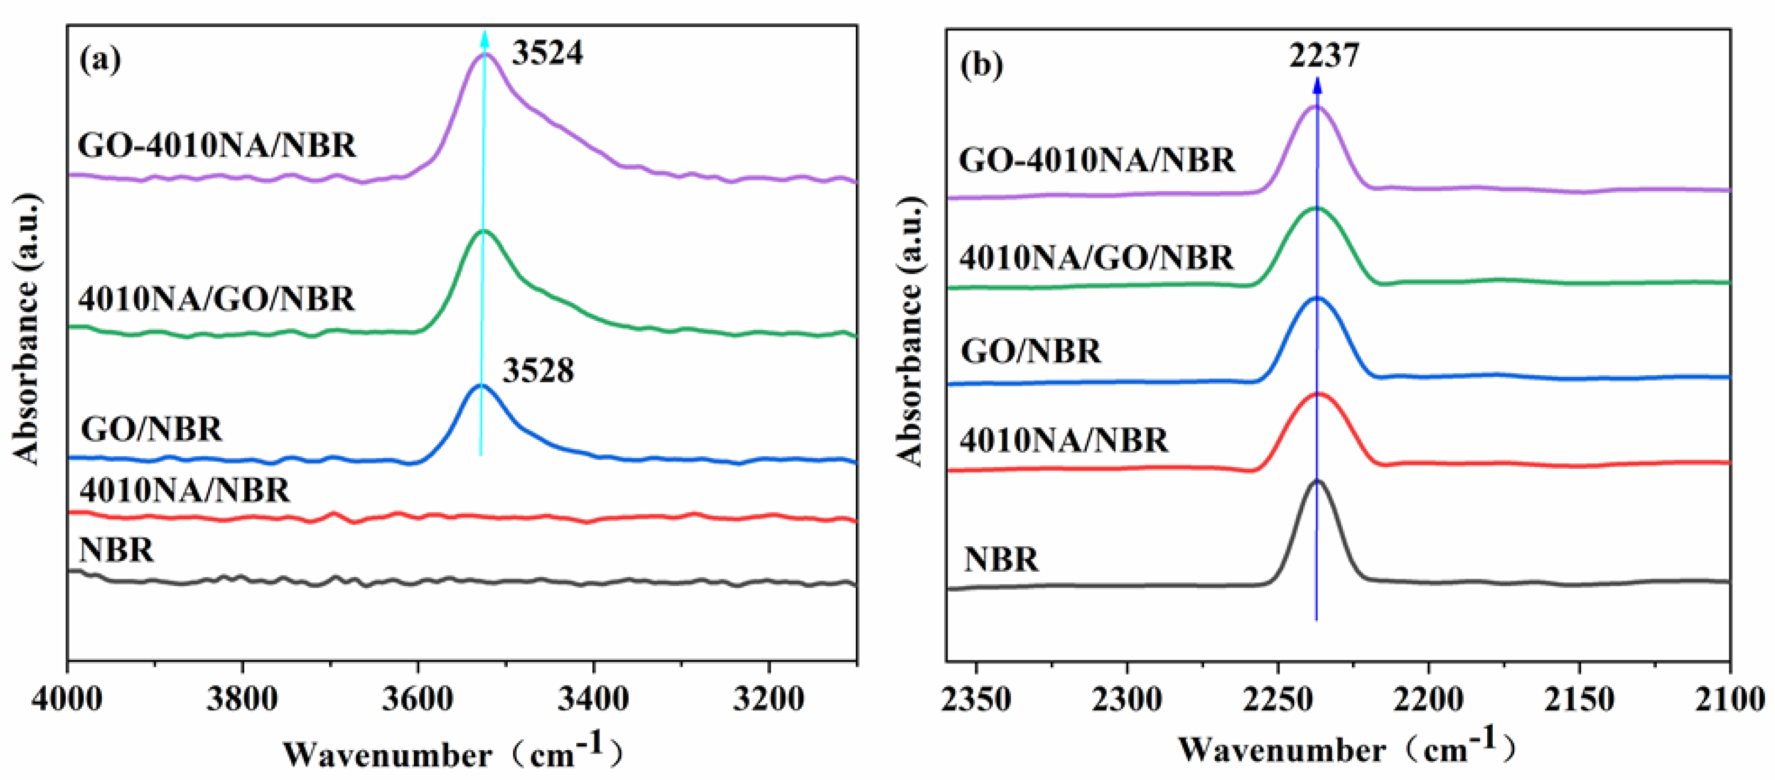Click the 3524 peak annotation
[x=546, y=53]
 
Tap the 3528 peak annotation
[x=538, y=371]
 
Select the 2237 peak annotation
[x=1324, y=55]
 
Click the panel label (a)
[x=101, y=60]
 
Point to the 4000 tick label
[x=67, y=699]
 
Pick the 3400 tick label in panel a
[x=593, y=699]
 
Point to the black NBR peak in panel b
[x=1318, y=481]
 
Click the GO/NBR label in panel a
[x=151, y=429]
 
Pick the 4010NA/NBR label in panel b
[x=1064, y=440]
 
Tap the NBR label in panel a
[x=116, y=550]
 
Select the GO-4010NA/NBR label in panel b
[x=1097, y=160]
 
